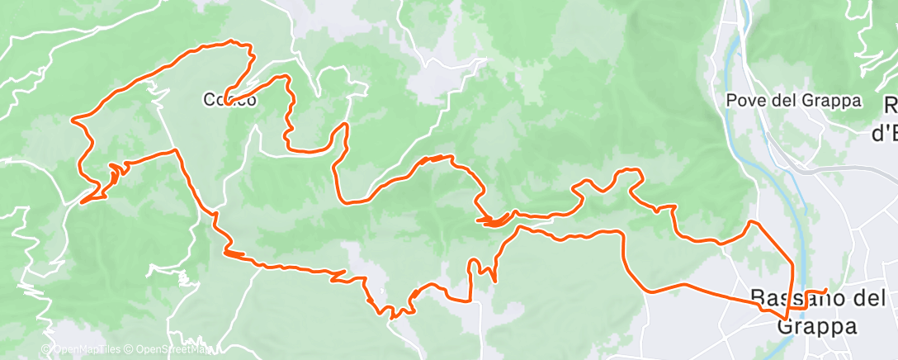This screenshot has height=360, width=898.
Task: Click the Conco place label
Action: [229, 100]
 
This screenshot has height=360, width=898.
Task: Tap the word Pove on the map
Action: [743, 101]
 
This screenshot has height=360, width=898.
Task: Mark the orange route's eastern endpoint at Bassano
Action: [825, 290]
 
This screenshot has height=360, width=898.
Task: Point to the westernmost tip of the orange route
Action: [73, 121]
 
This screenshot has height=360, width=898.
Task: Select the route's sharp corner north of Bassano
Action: [750, 221]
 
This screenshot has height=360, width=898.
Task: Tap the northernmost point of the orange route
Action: [231, 41]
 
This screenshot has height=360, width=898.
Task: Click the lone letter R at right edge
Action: [891, 105]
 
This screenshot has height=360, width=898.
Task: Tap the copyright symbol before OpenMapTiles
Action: [46, 350]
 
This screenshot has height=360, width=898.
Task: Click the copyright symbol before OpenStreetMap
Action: [131, 350]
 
